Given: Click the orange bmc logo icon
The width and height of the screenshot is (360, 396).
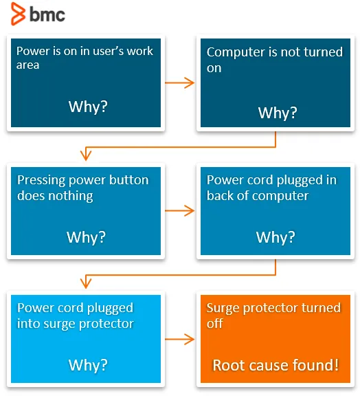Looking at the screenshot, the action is coord(18,14).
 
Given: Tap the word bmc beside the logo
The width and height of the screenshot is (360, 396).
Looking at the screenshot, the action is coord(47,14).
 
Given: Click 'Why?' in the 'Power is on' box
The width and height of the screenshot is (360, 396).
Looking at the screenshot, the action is coord(88,107).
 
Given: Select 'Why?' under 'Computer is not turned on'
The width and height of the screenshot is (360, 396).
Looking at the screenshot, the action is coord(278,113).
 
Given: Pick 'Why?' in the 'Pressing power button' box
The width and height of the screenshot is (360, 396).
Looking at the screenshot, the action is coord(86,237).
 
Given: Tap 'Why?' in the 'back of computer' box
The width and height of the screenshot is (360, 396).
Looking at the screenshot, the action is coord(275,237).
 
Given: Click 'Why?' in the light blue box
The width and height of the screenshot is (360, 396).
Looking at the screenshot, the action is coord(88,365).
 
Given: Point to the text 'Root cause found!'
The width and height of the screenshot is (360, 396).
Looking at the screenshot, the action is coord(275,365).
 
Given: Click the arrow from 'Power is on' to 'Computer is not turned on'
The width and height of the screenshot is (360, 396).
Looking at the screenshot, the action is coord(180,82).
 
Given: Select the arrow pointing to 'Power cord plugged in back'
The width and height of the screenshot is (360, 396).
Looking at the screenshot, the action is coord(180,210).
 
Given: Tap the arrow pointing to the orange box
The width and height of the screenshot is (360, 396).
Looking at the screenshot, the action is coord(180,339).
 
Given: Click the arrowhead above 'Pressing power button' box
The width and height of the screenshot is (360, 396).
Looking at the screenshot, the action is coord(86,155).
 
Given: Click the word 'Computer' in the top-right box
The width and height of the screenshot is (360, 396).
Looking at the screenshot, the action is coord(236,52).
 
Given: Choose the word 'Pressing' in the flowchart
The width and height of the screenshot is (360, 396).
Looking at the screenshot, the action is coord(41,181).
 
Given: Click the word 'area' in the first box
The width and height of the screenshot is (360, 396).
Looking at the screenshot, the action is coord(27,65).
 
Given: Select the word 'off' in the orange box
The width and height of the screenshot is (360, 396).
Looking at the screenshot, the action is coord(214,323).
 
